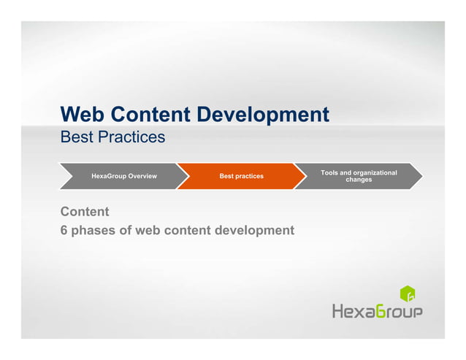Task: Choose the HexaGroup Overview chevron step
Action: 123,176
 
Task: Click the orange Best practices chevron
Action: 241,176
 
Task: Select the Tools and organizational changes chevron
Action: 359,176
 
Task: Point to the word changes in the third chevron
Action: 359,180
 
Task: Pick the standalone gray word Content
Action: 85,212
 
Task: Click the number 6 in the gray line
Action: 64,231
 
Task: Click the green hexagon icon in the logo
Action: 408,294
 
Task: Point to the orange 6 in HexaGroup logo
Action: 382,312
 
